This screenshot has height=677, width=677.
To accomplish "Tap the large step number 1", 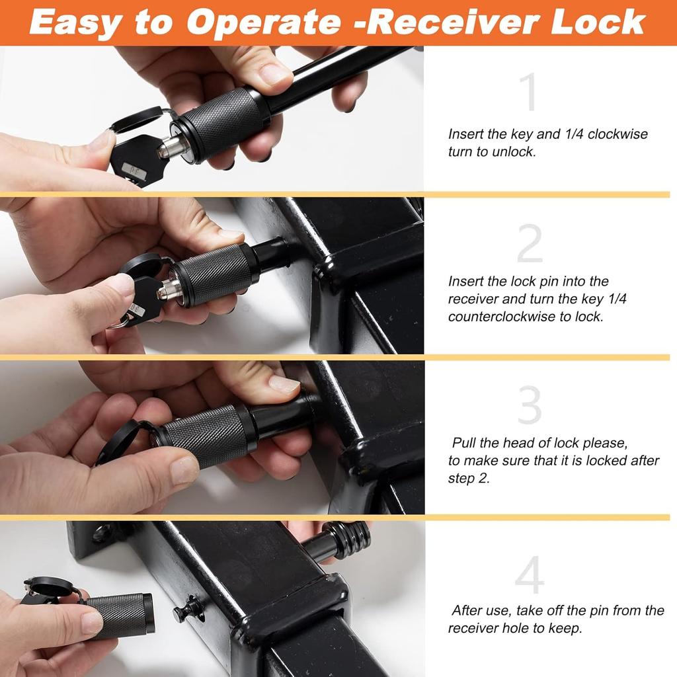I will (529, 93).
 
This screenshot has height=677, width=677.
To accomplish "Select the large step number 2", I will (530, 243).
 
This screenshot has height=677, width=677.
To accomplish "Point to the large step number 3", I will (530, 405).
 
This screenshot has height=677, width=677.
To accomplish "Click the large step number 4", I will (530, 575).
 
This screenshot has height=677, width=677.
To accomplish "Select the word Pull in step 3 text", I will (465, 443).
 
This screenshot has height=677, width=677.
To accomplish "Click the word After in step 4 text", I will (471, 611).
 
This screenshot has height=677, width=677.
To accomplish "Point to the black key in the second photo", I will (141, 298).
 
